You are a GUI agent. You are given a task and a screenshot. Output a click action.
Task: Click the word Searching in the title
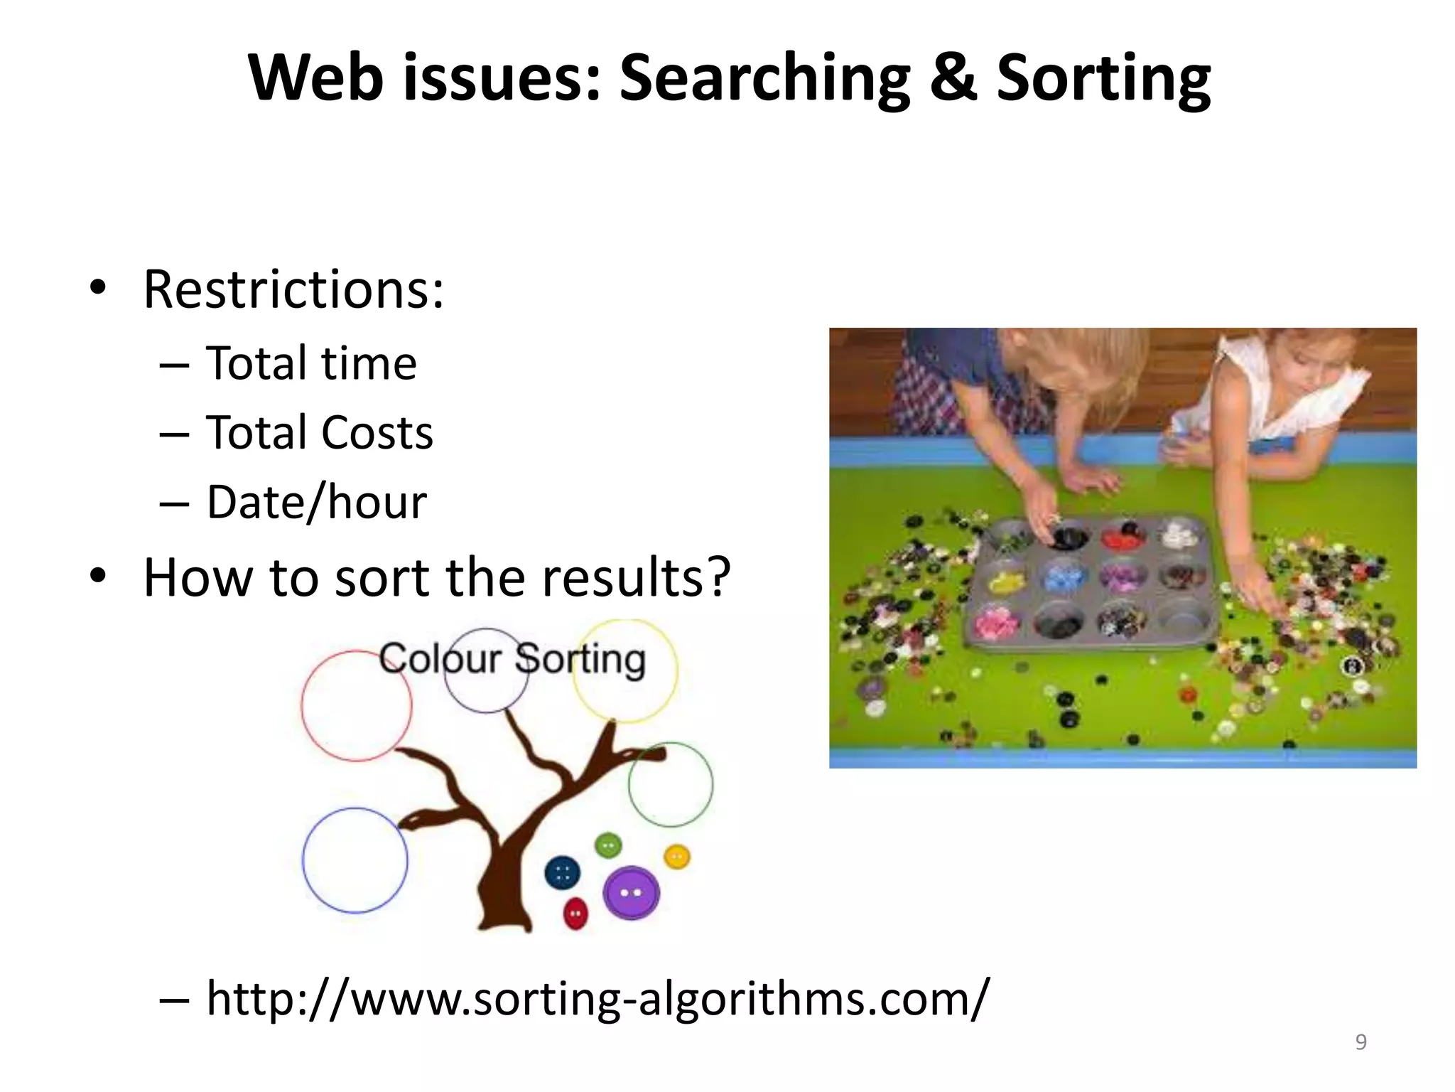764,80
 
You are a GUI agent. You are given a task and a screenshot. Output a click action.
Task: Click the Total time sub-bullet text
311,364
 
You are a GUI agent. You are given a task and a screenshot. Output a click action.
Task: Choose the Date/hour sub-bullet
317,503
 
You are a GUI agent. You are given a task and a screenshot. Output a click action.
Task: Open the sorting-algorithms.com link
597,998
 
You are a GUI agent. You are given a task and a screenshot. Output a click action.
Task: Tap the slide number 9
1361,1042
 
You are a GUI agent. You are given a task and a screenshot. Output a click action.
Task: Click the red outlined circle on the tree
356,706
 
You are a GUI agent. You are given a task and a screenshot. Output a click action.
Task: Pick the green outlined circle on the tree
670,784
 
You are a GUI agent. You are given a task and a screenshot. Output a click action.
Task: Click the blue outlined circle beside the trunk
355,860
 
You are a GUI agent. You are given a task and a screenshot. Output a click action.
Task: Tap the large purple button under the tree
631,892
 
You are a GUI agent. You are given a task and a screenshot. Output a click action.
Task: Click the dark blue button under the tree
562,873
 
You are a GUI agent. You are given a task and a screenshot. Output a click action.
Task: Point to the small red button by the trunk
575,913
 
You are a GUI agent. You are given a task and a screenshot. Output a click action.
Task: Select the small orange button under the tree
676,857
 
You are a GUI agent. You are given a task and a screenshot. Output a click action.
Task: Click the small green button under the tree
608,845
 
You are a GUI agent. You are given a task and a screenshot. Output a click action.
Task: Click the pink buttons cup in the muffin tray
996,623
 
